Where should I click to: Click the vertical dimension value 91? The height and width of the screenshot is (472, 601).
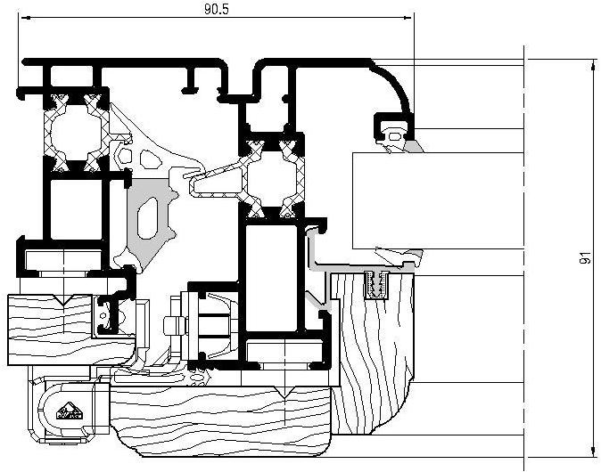pyautogui.click(x=584, y=258)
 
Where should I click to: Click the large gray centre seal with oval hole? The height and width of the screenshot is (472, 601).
pyautogui.click(x=152, y=218)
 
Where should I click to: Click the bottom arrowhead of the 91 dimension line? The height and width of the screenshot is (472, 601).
pyautogui.click(x=594, y=452)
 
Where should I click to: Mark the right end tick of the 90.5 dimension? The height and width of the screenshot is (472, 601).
pyautogui.click(x=415, y=18)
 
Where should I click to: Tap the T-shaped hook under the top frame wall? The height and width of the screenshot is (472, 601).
pyautogui.click(x=190, y=85)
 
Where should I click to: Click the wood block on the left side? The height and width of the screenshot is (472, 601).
pyautogui.click(x=54, y=316)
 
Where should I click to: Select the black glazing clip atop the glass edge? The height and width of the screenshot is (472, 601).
pyautogui.click(x=392, y=125)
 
